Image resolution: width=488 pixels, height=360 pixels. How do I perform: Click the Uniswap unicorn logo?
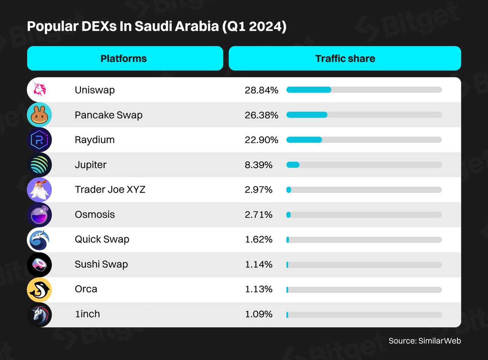(x=39, y=90)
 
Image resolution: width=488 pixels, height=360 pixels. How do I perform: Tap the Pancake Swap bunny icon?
(x=39, y=115)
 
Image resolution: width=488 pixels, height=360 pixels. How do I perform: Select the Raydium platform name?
(x=95, y=140)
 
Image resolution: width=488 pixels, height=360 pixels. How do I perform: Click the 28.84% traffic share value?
(x=262, y=90)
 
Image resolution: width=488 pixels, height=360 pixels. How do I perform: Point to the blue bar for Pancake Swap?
(x=307, y=115)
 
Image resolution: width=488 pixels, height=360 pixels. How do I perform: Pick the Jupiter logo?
(x=39, y=165)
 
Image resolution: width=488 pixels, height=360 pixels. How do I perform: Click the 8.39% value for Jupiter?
(x=258, y=165)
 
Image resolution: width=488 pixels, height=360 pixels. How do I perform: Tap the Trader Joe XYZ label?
(x=110, y=190)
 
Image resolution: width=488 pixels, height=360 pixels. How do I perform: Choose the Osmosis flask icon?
(x=39, y=215)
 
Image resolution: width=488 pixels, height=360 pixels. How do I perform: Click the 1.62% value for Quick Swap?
(x=258, y=239)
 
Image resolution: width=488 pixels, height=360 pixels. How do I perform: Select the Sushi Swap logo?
(x=39, y=264)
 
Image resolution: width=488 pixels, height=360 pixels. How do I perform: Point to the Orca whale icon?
(x=39, y=289)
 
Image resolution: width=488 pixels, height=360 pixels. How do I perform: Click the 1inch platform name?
(x=87, y=314)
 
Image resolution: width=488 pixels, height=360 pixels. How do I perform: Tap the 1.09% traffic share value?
(x=258, y=314)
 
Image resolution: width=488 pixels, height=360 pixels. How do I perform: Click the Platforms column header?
(x=124, y=58)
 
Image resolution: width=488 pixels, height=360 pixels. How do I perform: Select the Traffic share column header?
(x=345, y=58)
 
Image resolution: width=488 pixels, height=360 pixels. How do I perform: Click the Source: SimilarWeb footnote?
(x=425, y=341)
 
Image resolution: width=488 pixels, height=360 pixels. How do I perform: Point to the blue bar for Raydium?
(x=304, y=140)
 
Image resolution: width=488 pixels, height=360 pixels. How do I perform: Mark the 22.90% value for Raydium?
(x=262, y=140)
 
